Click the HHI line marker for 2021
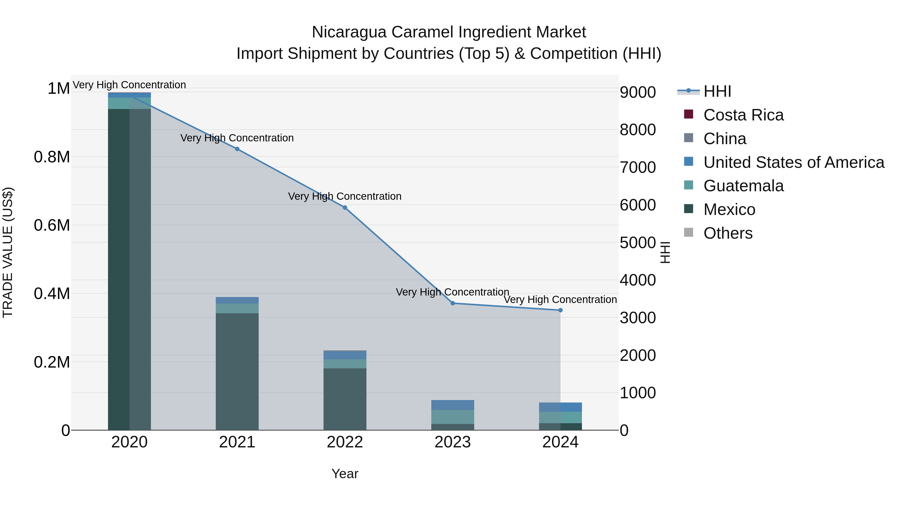pos(237,149)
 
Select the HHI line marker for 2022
pos(345,207)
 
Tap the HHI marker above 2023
pos(452,303)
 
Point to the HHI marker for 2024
pos(560,310)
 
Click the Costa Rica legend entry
pos(743,115)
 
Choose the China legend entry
pos(725,139)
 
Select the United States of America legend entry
pos(793,162)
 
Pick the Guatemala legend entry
pos(743,186)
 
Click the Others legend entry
pos(728,233)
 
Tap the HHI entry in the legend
pos(717,91)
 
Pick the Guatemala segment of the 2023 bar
pos(452,417)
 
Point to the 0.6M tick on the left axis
pos(52,225)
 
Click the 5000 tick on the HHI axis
pos(638,243)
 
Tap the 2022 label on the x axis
pos(345,442)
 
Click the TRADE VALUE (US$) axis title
pos(8,252)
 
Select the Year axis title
pos(345,474)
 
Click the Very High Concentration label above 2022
pos(345,196)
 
